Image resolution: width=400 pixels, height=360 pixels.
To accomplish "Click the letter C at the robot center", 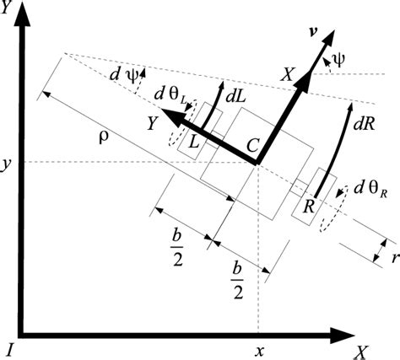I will point(251,146).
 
